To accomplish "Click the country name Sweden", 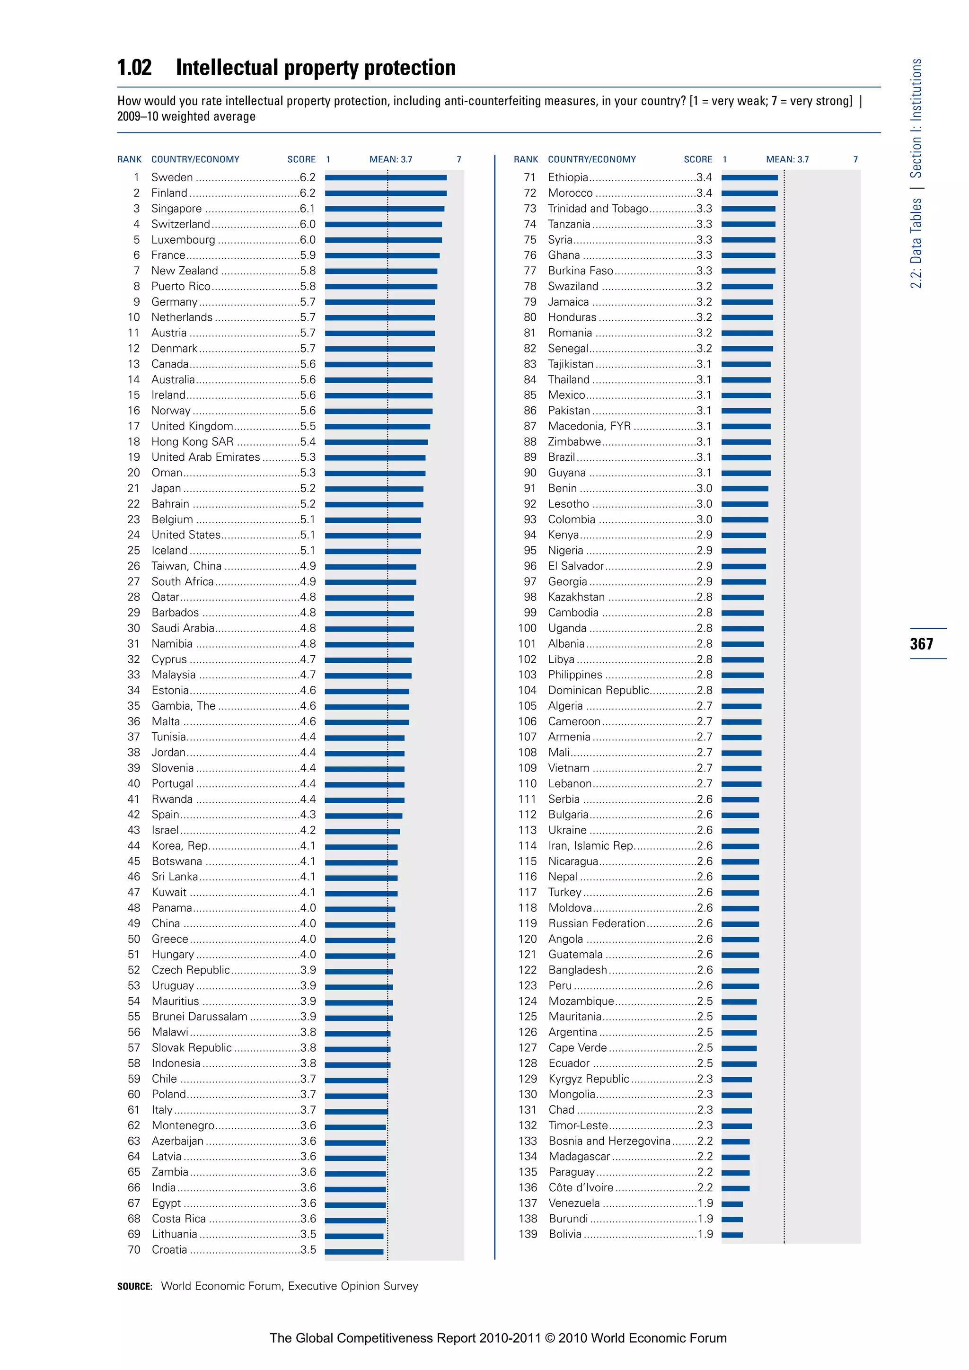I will (x=172, y=177).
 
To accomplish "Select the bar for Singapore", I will (x=384, y=209).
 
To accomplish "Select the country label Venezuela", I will (x=574, y=1203).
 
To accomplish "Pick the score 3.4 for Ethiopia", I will (x=704, y=177).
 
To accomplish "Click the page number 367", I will (x=921, y=644).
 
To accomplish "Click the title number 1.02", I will (x=135, y=68).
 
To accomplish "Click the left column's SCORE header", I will (x=301, y=159).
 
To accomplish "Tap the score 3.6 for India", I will (x=308, y=1188).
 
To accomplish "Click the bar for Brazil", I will (x=746, y=457).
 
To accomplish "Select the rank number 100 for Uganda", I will (x=528, y=628).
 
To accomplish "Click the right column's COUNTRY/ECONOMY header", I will (x=592, y=159).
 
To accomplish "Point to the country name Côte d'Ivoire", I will (x=581, y=1188).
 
